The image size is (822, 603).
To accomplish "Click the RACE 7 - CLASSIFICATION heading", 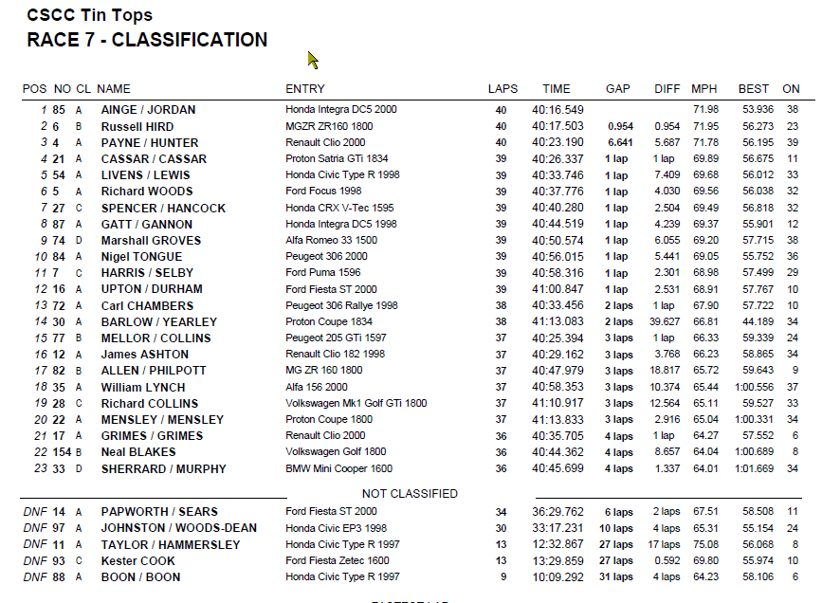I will [x=147, y=40].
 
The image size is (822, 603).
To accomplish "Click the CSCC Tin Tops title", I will [x=89, y=15].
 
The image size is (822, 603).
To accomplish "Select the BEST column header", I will [x=754, y=89].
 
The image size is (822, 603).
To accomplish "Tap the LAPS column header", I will [x=502, y=89].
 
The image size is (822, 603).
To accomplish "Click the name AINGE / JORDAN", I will [x=148, y=110].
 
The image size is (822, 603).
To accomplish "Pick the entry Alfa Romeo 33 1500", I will [x=332, y=241].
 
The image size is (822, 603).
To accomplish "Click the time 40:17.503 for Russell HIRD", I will [x=557, y=126].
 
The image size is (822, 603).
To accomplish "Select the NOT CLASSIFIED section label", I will [x=410, y=494].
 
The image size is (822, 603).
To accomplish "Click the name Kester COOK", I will [x=138, y=560].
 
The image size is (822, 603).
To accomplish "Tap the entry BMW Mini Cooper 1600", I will [x=338, y=469].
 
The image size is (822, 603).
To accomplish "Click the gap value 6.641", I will [x=621, y=142].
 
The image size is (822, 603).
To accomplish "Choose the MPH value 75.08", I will [x=704, y=544].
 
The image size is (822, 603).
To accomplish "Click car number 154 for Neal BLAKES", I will [x=62, y=453].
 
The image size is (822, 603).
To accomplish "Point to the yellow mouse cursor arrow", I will [x=312, y=60].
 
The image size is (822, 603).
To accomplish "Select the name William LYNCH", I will [x=144, y=388].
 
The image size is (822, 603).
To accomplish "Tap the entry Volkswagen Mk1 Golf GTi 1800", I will [x=356, y=404].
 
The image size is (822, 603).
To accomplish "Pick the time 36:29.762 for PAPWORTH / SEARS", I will [x=557, y=512].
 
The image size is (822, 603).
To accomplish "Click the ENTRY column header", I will [x=305, y=89].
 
